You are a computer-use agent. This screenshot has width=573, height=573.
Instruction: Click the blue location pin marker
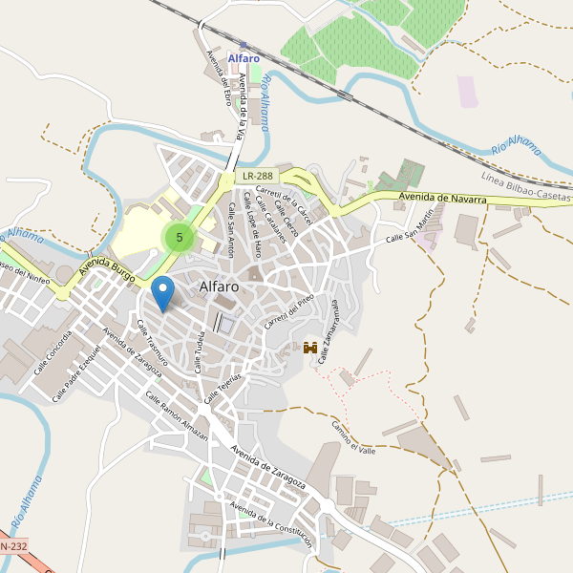(163, 292)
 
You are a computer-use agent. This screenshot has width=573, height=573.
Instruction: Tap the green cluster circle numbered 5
(179, 237)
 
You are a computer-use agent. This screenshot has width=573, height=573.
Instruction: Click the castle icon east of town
(310, 349)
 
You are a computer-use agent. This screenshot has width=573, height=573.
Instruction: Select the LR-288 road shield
(257, 176)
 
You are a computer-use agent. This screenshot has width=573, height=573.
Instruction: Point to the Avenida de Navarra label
(442, 198)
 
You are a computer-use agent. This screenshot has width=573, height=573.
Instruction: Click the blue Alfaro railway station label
(244, 58)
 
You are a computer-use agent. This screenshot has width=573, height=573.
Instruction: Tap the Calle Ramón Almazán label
(177, 414)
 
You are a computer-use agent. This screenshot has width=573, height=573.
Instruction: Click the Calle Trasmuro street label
(152, 344)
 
